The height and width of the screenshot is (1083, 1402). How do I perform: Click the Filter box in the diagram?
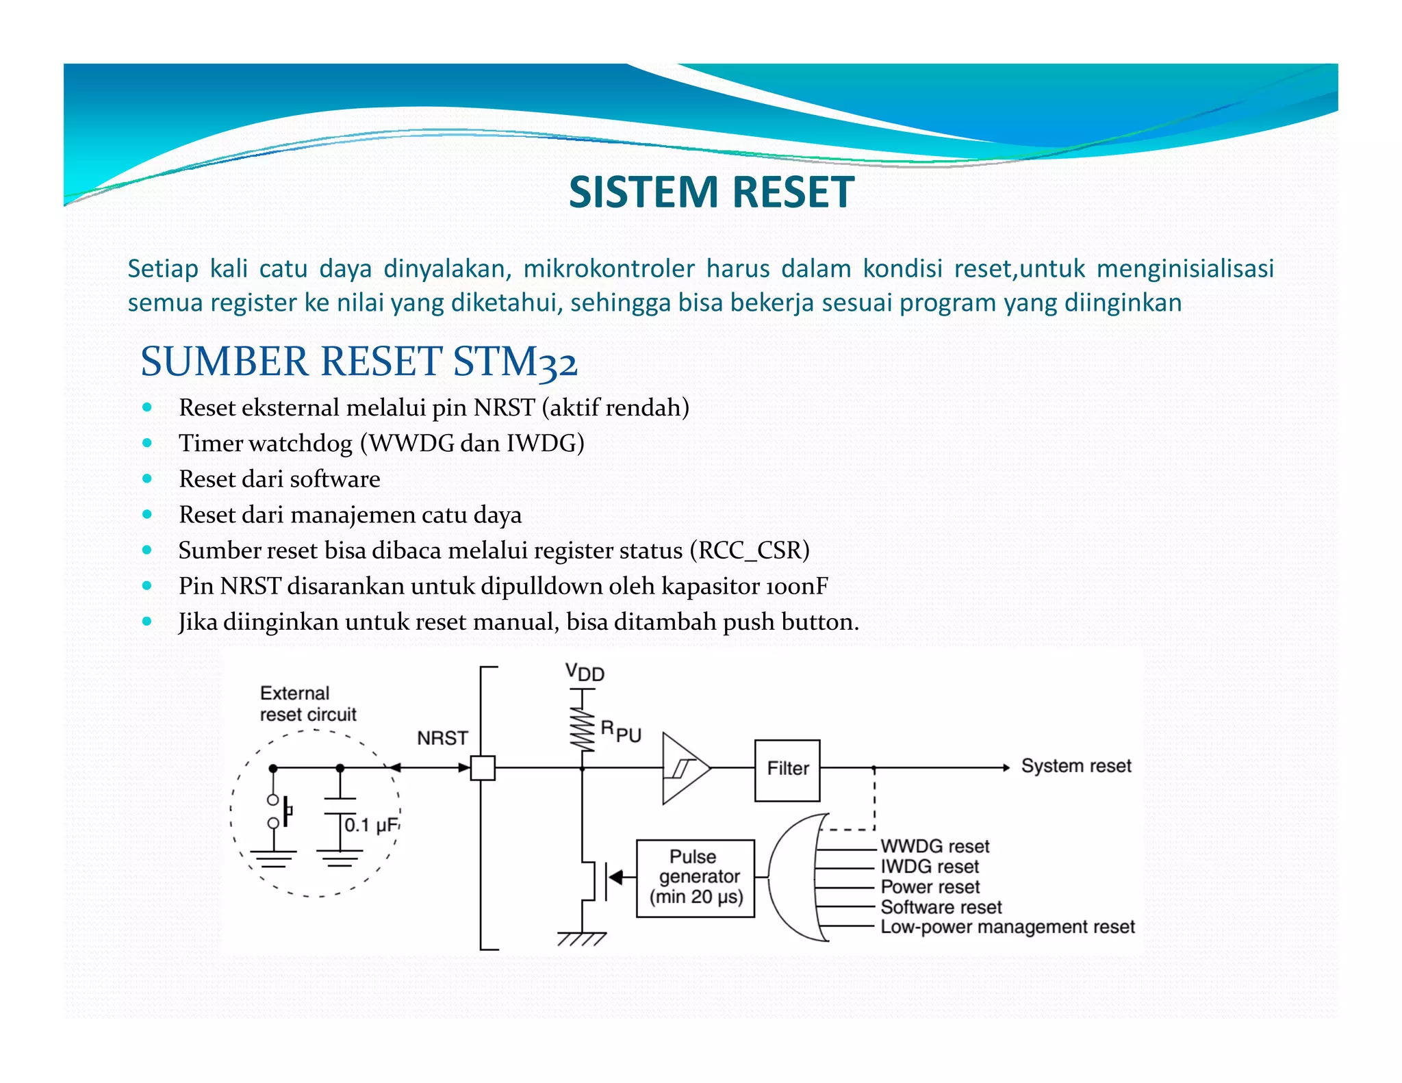click(787, 769)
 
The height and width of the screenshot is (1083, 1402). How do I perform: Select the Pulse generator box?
click(696, 878)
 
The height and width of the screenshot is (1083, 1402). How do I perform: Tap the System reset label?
click(1075, 766)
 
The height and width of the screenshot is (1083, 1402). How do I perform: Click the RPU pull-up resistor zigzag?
click(583, 728)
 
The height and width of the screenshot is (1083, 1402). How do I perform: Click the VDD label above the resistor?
click(585, 672)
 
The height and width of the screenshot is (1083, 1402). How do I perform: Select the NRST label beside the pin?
click(442, 738)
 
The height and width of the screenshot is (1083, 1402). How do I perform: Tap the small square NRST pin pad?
click(483, 768)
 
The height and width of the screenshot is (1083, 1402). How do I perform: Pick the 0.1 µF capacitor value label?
click(370, 825)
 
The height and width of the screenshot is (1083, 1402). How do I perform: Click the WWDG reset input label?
click(934, 846)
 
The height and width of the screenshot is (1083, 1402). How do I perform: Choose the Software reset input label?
click(941, 907)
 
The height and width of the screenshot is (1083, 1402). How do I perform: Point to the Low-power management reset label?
click(1007, 927)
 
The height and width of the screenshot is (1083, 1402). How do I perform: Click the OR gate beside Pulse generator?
click(794, 877)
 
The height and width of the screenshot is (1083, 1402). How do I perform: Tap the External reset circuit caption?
click(307, 704)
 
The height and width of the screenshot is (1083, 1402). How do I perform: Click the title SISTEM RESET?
click(711, 192)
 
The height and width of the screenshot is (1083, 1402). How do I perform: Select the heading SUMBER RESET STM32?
click(359, 361)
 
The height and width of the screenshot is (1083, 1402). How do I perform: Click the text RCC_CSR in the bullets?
click(750, 550)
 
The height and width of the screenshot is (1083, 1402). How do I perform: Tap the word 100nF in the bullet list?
click(797, 586)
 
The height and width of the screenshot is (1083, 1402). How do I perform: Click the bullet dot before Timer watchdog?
click(147, 443)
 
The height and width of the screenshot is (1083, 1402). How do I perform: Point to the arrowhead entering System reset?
click(1006, 768)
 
